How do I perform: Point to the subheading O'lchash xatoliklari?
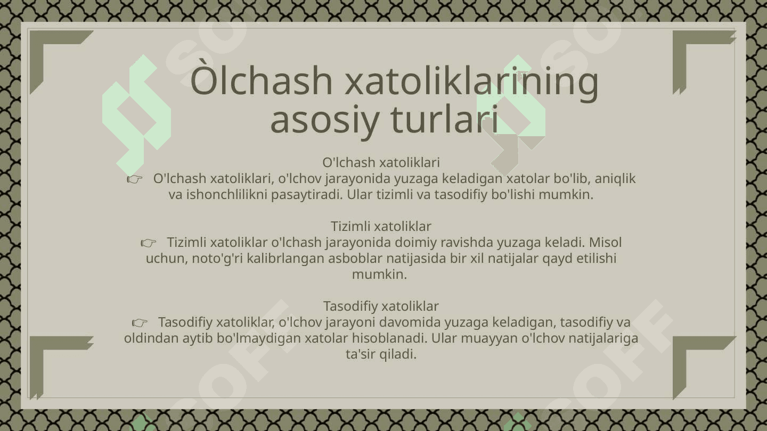381,162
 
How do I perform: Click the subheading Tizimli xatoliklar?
381,227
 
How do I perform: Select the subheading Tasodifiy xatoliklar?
381,306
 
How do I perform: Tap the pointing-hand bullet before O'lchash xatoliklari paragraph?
135,179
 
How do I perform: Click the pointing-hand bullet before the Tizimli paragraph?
148,243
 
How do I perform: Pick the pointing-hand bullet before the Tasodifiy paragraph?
140,322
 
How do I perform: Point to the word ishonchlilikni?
227,195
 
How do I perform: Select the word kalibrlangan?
285,259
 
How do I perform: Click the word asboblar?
355,258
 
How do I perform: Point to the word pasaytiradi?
307,195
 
